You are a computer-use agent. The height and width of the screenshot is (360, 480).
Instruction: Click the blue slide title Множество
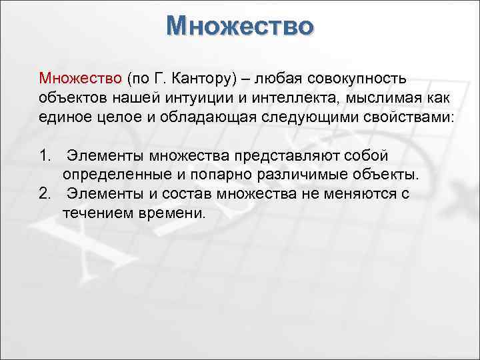(x=240, y=26)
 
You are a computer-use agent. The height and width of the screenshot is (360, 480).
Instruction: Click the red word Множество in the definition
(x=79, y=80)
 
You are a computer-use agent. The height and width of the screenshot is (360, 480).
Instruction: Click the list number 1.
(x=45, y=156)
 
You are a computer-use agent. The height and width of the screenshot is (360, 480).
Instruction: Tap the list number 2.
(x=45, y=193)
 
